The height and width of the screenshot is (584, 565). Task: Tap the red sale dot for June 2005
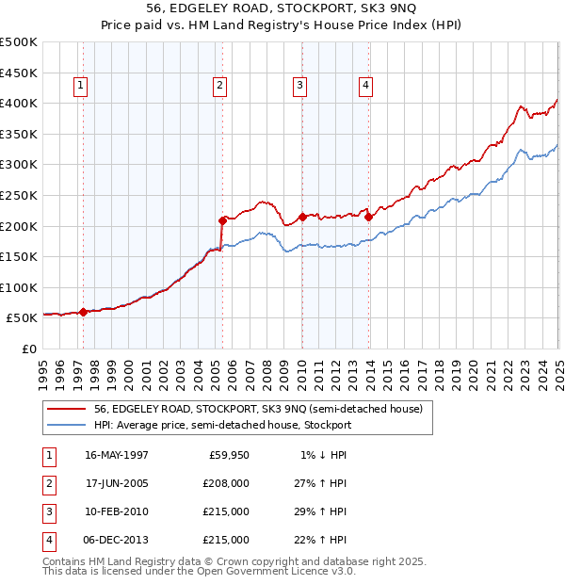click(x=223, y=220)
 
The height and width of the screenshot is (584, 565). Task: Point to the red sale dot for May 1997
click(x=83, y=312)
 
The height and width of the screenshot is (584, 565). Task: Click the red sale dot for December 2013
click(x=369, y=217)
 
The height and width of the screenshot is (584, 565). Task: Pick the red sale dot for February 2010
click(x=302, y=217)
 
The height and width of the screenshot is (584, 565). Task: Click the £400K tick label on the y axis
click(x=18, y=103)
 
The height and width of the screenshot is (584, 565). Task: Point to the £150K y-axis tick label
click(x=18, y=257)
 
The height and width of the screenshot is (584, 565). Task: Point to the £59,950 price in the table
click(x=229, y=455)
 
